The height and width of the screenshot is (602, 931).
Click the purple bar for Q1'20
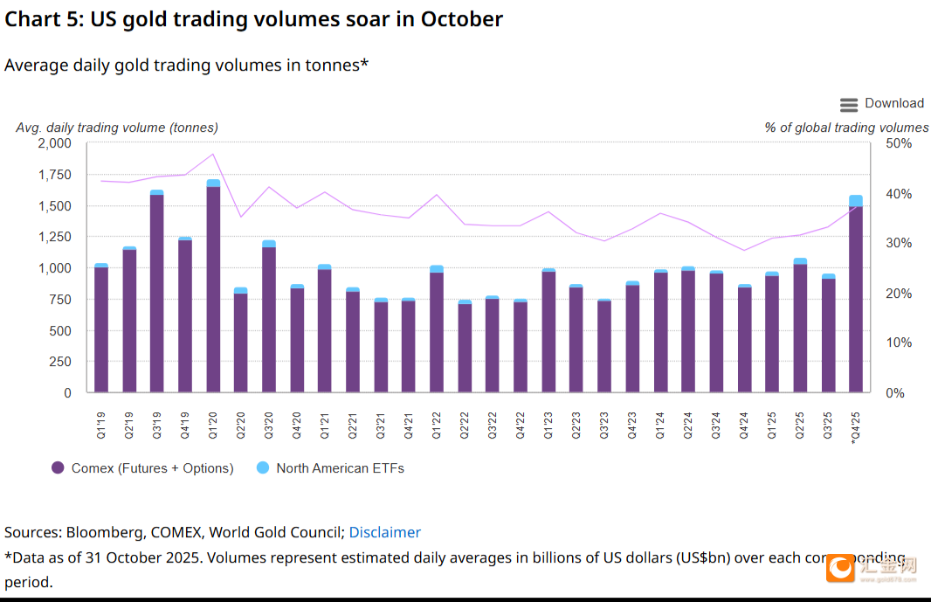[213, 288]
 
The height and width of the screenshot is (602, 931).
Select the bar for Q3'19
[157, 293]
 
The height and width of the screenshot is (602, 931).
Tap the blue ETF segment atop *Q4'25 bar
[856, 200]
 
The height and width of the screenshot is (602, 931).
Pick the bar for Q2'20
[241, 343]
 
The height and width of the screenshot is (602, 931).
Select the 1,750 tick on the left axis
[54, 175]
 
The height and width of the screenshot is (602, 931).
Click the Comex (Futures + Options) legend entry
[142, 468]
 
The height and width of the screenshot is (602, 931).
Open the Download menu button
[881, 104]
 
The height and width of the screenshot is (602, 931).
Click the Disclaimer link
[385, 532]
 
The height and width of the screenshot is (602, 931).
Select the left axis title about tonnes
[117, 128]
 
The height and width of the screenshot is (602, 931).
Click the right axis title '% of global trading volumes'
[846, 128]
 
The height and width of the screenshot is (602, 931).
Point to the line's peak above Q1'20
[213, 155]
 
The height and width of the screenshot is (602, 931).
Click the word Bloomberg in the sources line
[100, 532]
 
